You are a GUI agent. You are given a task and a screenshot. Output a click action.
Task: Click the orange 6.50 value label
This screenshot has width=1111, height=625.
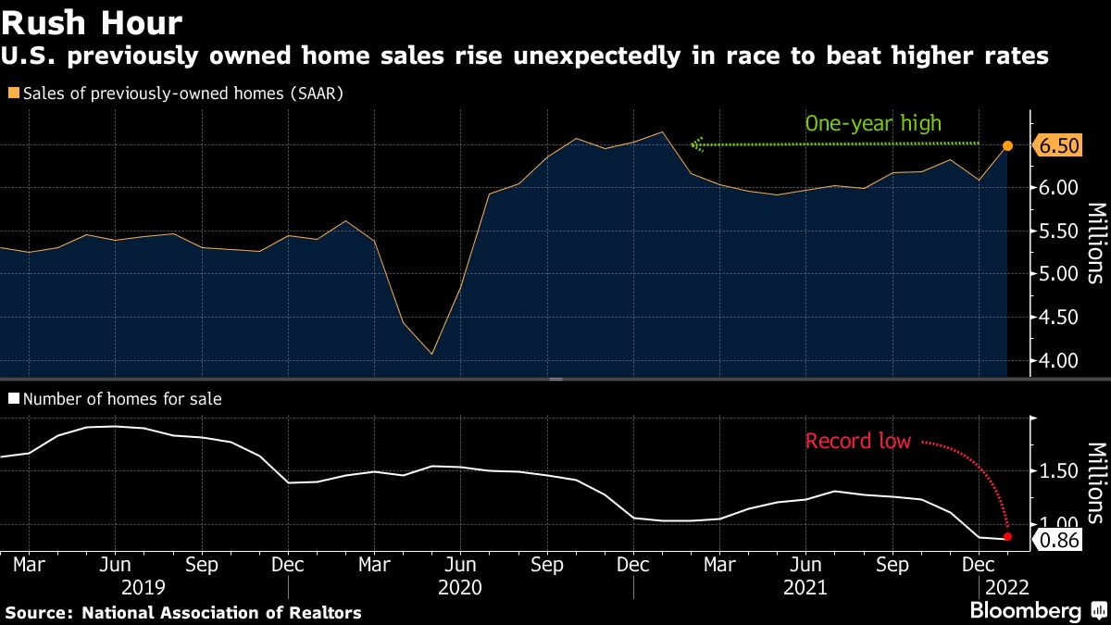click(x=1059, y=146)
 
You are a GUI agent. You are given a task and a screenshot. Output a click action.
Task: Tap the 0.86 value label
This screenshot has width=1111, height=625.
click(x=1055, y=541)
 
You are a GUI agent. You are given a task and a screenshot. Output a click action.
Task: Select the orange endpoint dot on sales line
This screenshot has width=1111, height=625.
click(x=1008, y=146)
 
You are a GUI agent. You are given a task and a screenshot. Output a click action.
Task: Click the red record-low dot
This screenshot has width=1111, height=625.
click(x=1007, y=537)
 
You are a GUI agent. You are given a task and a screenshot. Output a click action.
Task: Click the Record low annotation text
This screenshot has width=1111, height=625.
click(x=858, y=441)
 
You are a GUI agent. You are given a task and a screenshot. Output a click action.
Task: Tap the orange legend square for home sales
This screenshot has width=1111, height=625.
click(x=13, y=94)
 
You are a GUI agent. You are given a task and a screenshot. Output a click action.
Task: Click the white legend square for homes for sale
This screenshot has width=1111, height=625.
click(x=13, y=399)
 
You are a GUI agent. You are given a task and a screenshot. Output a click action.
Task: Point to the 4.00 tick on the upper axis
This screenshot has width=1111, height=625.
click(x=1056, y=360)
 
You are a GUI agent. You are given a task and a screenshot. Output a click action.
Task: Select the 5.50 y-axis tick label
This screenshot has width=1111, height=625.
click(x=1056, y=231)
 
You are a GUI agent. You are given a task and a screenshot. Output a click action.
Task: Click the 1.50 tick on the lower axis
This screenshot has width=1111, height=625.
click(x=1056, y=472)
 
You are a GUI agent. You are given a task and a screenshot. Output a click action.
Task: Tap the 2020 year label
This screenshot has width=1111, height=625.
click(x=460, y=587)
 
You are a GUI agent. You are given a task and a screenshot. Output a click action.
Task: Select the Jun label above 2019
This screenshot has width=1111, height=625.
click(x=114, y=563)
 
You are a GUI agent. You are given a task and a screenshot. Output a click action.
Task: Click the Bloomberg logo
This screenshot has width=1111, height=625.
click(x=1025, y=611)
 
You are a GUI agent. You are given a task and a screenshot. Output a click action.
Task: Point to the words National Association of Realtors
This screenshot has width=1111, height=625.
click(x=221, y=613)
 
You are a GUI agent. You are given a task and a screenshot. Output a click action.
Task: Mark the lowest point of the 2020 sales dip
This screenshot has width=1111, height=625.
click(x=432, y=354)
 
